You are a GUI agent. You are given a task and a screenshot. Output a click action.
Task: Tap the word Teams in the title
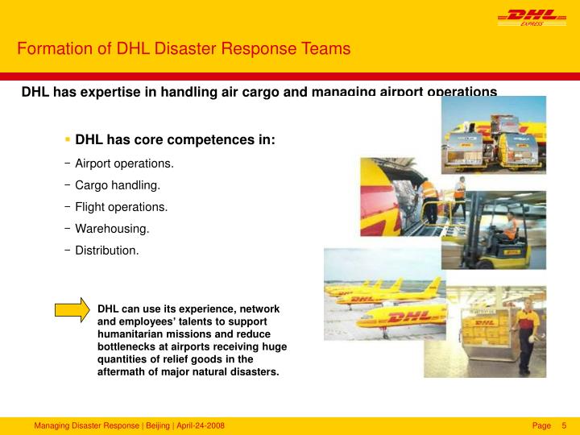[x=325, y=48]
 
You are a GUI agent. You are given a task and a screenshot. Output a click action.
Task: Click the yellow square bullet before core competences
[x=68, y=140]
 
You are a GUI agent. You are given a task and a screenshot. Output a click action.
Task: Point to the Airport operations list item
[x=124, y=164]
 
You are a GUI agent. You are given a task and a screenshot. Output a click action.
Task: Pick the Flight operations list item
[x=121, y=207]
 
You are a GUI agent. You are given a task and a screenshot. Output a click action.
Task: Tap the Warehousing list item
[x=112, y=229]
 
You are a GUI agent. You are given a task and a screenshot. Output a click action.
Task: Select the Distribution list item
[x=106, y=251]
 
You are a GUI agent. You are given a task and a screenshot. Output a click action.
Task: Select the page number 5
[x=564, y=425]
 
